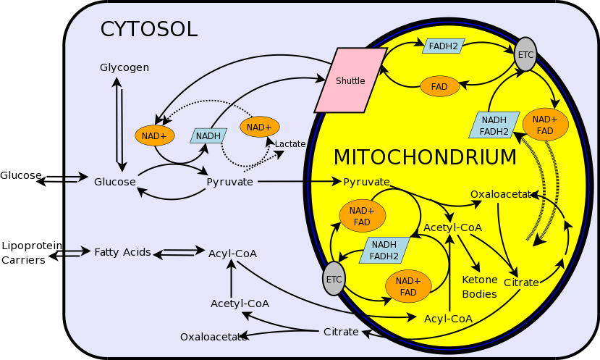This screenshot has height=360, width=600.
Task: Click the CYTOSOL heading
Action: coord(148,29)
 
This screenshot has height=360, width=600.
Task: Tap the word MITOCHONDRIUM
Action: coord(425,157)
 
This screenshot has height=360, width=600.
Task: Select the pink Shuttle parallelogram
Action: coord(350,80)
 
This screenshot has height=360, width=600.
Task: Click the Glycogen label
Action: coord(124,67)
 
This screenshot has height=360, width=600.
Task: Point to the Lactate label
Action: coord(290,144)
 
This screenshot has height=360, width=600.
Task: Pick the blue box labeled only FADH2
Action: coord(444,46)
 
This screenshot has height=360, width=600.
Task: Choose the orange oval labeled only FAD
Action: coord(439,86)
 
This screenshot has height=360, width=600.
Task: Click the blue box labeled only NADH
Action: coord(208,135)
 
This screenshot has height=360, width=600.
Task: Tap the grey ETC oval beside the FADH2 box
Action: coord(525,54)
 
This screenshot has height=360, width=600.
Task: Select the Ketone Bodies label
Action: coord(480,287)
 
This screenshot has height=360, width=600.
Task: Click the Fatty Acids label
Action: coord(122,252)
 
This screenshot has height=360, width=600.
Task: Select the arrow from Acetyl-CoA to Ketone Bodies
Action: coord(470,254)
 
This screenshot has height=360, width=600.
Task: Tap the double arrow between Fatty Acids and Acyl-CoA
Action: coord(179,253)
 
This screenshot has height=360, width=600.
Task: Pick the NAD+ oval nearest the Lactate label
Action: coord(259,127)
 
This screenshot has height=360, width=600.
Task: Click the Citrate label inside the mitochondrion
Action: coord(521,282)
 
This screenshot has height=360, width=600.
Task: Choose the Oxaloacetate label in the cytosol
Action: coord(211,337)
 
